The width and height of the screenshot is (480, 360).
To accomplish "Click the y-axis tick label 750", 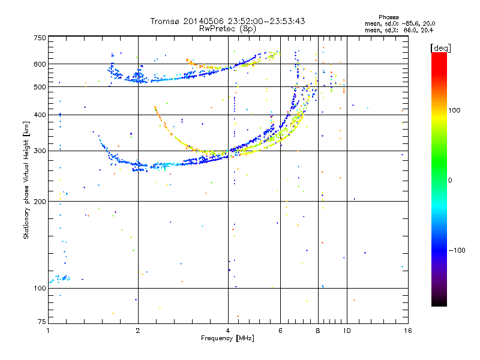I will pyautogui.click(x=40, y=38).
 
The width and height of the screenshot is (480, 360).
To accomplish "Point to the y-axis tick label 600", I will pyautogui.click(x=40, y=64).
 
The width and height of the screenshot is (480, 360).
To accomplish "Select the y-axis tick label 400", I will pyautogui.click(x=40, y=115).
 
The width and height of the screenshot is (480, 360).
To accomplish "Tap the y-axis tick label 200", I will pyautogui.click(x=40, y=202).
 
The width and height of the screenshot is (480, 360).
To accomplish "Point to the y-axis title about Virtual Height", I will pyautogui.click(x=26, y=180).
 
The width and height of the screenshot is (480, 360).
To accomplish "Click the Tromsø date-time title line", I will pyautogui.click(x=227, y=21).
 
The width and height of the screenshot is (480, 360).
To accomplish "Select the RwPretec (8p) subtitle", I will pyautogui.click(x=227, y=28).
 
